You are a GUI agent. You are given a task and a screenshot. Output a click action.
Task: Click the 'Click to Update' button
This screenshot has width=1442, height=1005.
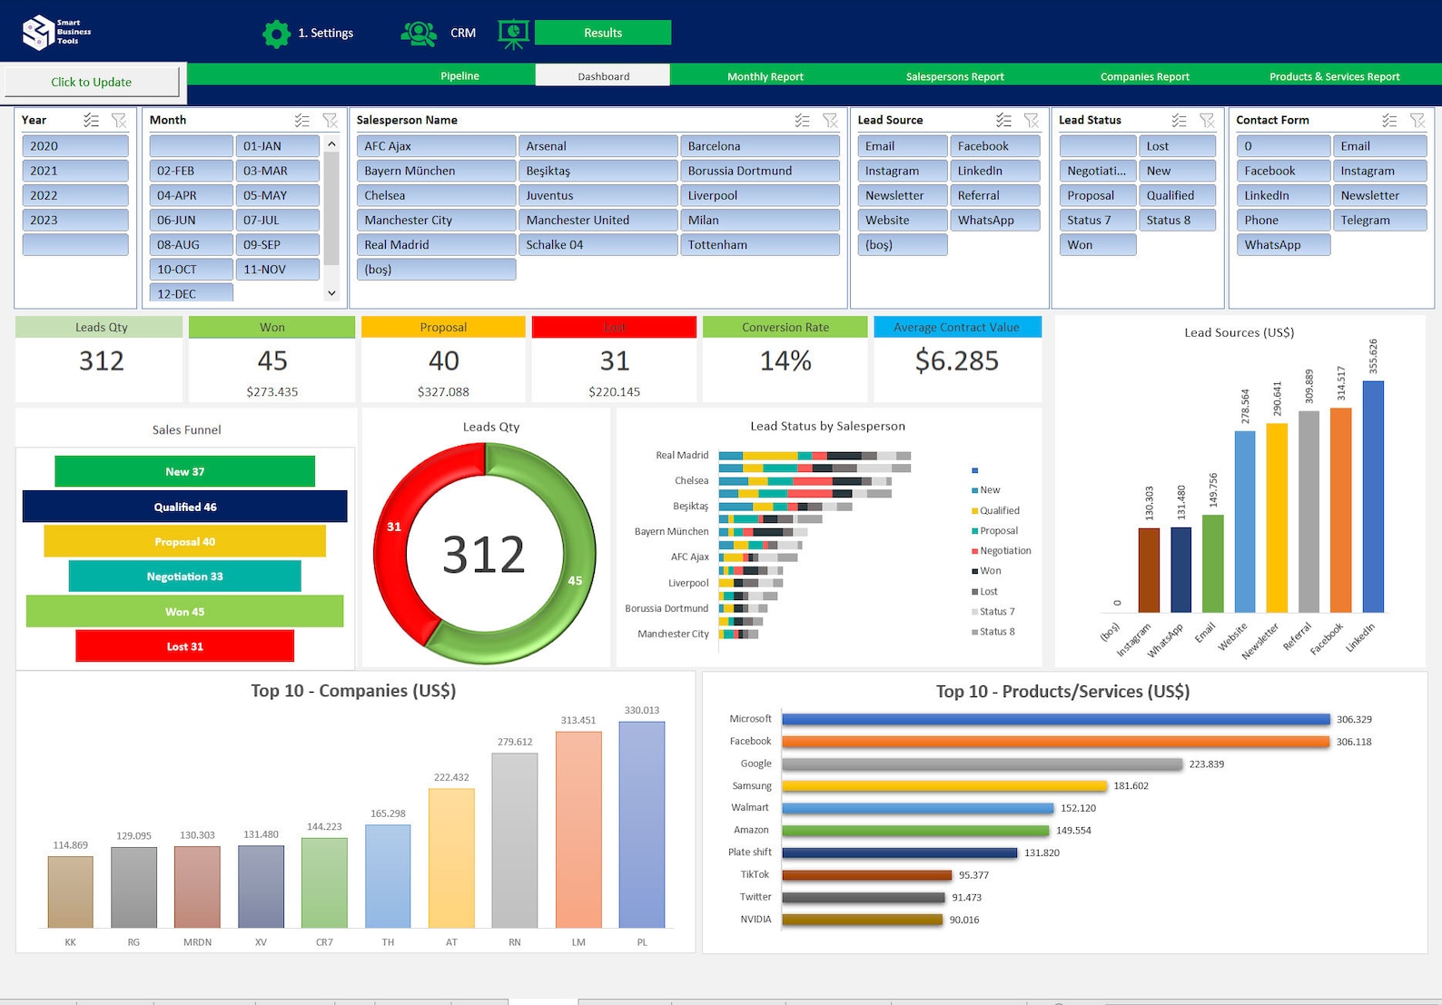(92, 82)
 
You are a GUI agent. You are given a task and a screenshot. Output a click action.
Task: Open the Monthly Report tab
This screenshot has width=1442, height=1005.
(765, 76)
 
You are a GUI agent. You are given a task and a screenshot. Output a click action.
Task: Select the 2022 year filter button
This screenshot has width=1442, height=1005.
(74, 195)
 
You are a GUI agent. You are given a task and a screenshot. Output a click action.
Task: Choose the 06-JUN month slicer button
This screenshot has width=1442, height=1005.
(191, 220)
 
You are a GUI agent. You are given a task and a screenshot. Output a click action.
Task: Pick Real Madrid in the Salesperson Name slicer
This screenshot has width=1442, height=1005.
(436, 244)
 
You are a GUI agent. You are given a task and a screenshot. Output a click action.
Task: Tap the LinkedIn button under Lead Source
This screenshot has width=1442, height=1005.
(994, 171)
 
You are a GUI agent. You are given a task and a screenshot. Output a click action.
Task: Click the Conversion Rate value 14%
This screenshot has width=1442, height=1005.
(785, 361)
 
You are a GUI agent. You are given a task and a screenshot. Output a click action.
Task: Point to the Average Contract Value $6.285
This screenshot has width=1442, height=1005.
(957, 361)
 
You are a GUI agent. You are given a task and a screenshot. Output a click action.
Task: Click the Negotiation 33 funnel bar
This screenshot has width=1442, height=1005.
(184, 576)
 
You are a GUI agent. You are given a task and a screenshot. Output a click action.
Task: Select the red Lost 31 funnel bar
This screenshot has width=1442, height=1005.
(184, 646)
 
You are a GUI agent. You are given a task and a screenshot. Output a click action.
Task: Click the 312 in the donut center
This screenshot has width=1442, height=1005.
(484, 555)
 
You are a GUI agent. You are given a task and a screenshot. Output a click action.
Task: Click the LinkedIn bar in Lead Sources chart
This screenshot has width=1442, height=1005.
(1373, 496)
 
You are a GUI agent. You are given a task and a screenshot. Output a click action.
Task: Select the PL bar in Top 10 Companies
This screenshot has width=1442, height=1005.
(642, 824)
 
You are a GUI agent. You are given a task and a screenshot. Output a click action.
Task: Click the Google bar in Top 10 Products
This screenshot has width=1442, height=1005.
(981, 764)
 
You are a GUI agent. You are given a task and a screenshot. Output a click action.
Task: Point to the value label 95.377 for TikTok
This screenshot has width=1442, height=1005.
(973, 875)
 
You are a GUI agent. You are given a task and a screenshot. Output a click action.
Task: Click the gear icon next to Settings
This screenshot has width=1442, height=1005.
(276, 34)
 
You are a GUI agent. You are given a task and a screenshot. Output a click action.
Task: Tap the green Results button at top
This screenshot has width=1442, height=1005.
(603, 33)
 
